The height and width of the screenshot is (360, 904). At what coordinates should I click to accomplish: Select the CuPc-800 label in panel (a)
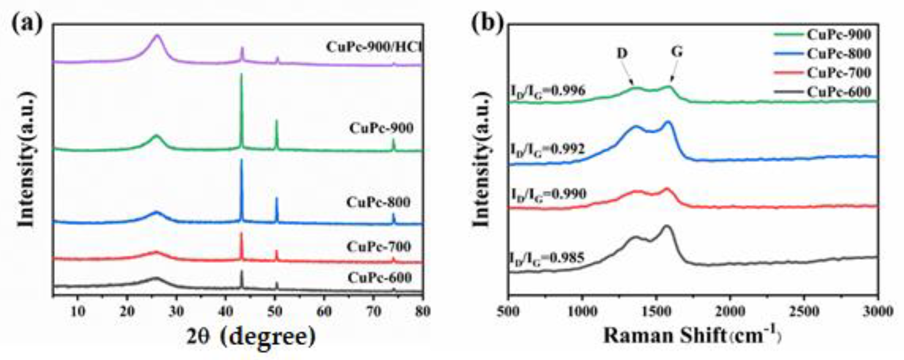point(378,202)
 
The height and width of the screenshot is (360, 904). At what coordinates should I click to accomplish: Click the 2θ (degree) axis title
point(251,337)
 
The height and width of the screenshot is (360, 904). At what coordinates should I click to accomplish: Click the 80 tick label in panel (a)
point(422,312)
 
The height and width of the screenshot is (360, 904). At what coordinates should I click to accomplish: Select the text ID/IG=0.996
point(548,92)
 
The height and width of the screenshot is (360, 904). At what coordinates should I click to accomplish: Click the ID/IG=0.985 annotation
point(547,259)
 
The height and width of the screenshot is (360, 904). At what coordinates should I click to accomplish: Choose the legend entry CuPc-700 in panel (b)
point(838,73)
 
